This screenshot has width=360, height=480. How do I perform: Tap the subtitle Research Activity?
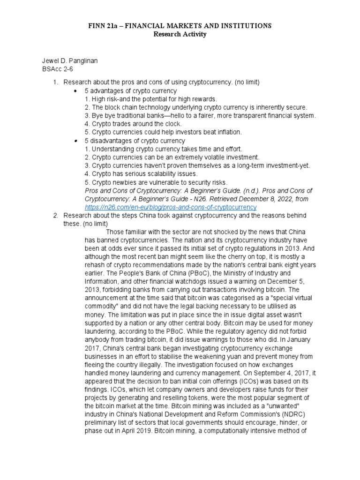coord(180,35)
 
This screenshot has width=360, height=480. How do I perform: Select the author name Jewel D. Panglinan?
coord(71,61)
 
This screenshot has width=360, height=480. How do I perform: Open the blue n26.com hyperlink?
coord(171,207)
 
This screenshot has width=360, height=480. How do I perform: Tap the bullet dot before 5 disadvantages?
coord(75,141)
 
